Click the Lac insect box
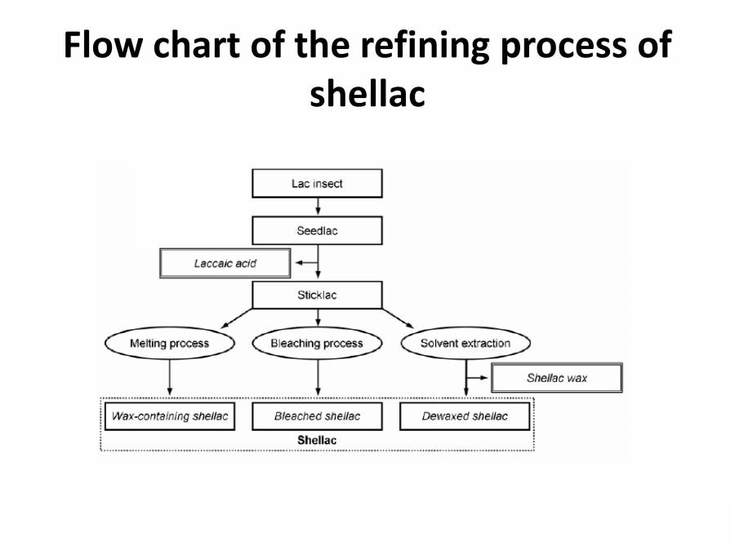pos(317,184)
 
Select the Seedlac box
pos(317,231)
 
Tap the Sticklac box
pos(317,295)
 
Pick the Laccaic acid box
pos(225,264)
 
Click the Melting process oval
pos(169,344)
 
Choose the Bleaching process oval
pos(317,344)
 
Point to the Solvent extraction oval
pos(465,344)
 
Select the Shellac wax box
pos(556,378)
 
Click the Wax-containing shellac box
pos(170,416)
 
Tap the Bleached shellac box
pos(317,416)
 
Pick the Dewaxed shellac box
pos(465,416)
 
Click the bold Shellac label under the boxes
pos(317,440)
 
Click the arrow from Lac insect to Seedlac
pos(317,207)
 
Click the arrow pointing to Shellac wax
pos(479,379)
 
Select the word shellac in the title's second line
pos(367,94)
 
